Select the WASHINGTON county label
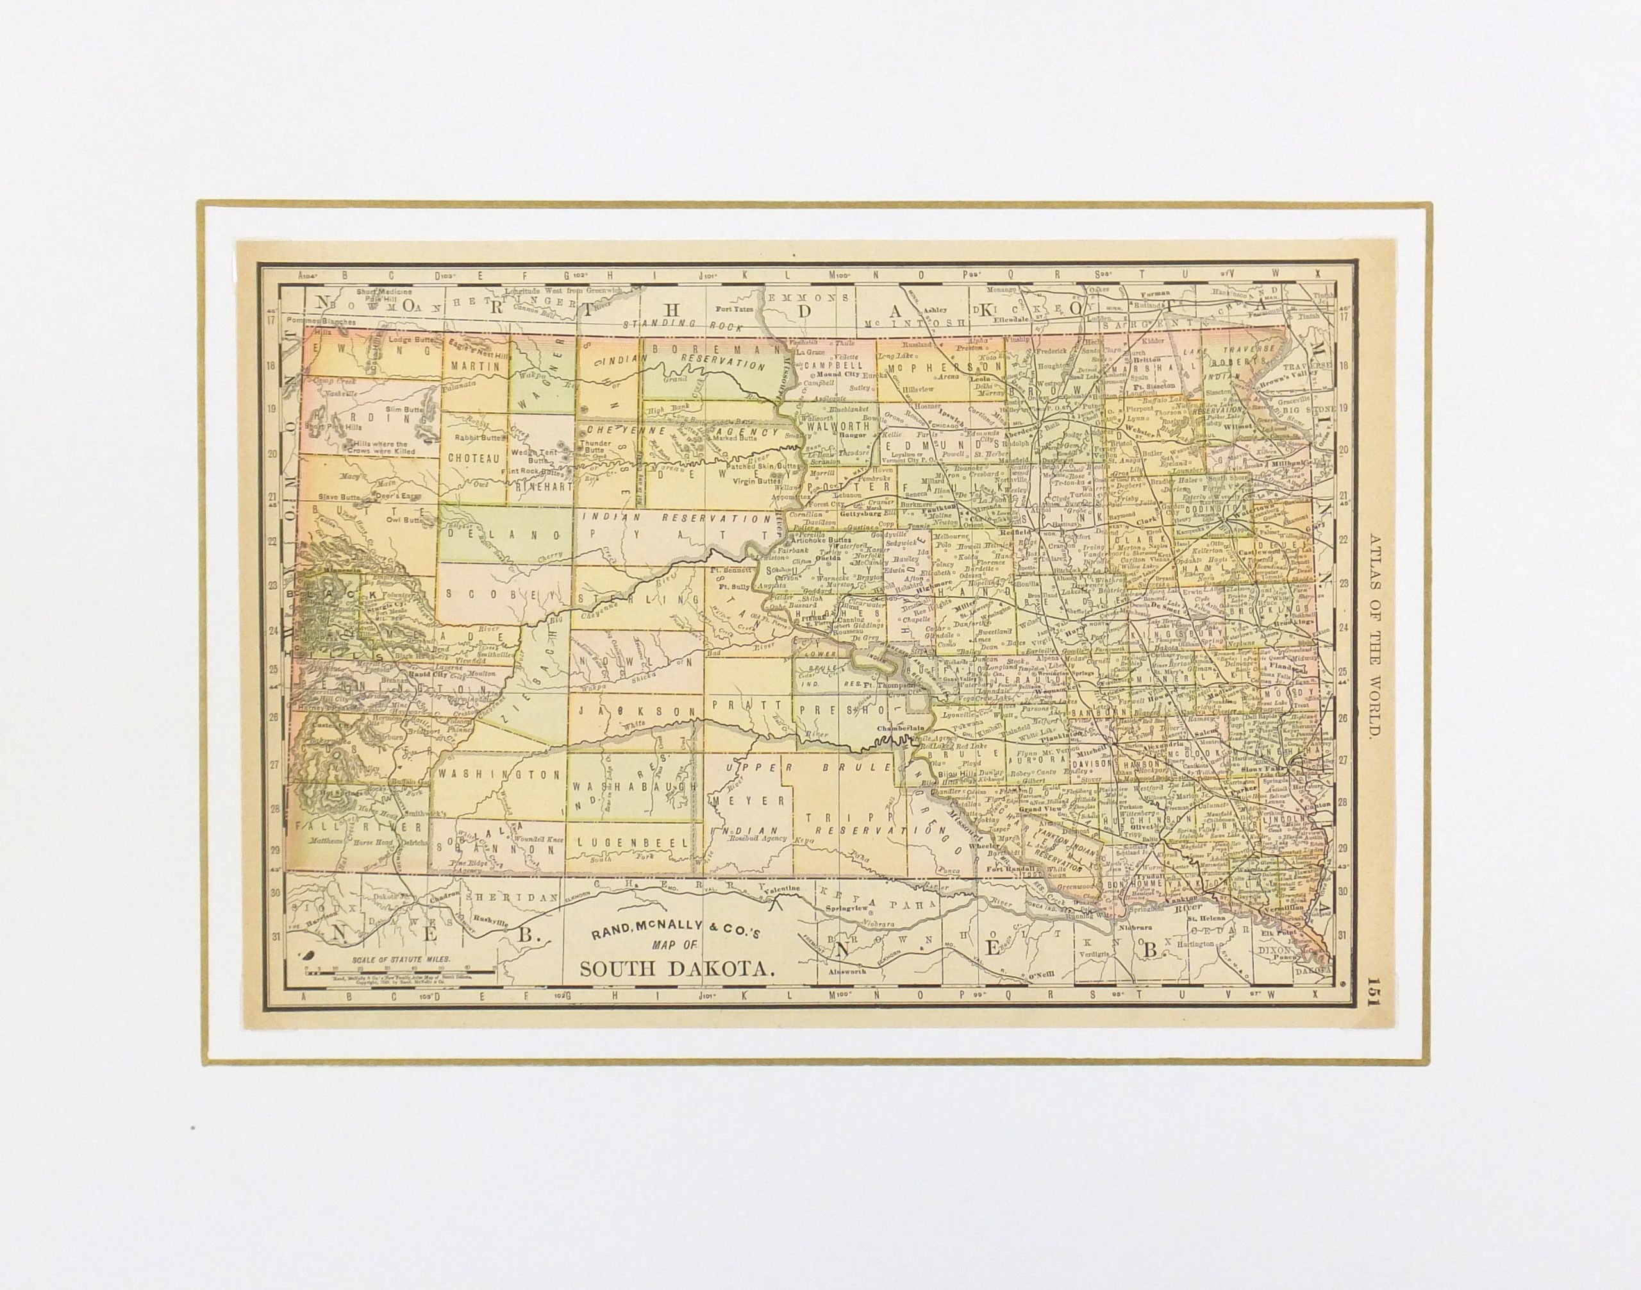coord(500,774)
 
